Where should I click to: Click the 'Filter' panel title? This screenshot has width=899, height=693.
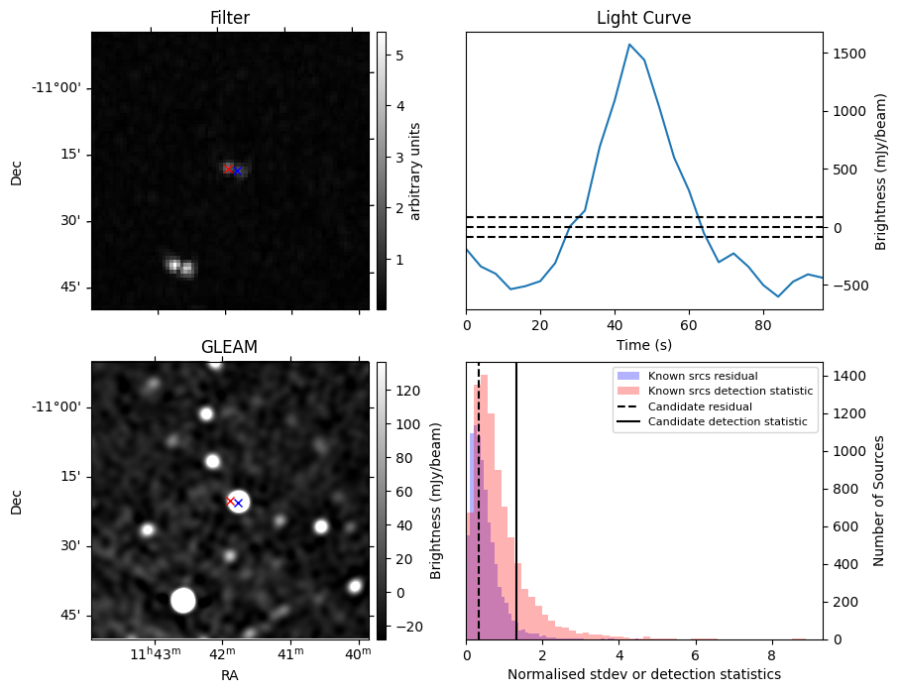tap(230, 19)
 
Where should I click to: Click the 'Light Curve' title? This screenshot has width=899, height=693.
tap(643, 19)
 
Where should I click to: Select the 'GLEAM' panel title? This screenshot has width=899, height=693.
tap(230, 347)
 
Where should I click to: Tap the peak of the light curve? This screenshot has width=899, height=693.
tap(629, 44)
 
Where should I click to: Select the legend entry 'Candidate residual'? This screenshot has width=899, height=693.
tap(693, 406)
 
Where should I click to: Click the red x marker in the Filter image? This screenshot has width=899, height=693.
tap(228, 169)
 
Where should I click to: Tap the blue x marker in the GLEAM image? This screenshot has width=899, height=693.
tap(238, 504)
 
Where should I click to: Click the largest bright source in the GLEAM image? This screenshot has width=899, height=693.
tap(182, 600)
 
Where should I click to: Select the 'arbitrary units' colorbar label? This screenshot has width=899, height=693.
tap(415, 171)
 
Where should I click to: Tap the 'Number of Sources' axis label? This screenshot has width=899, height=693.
tap(877, 501)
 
